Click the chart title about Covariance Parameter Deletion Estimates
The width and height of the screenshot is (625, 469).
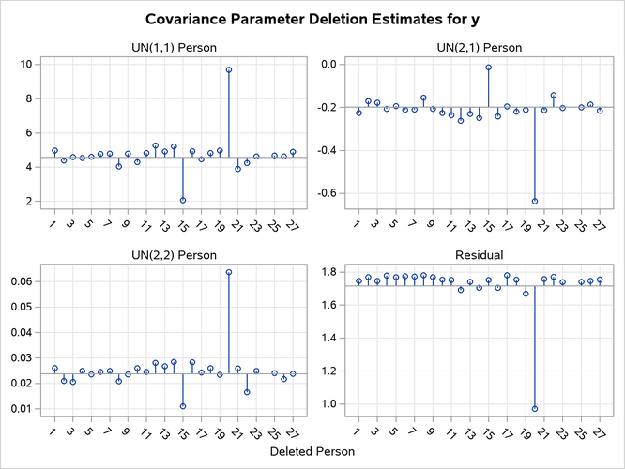point(312,18)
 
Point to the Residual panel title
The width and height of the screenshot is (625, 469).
point(479,254)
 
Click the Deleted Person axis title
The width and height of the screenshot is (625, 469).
point(312,452)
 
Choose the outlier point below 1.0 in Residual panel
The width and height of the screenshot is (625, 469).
point(535,409)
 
